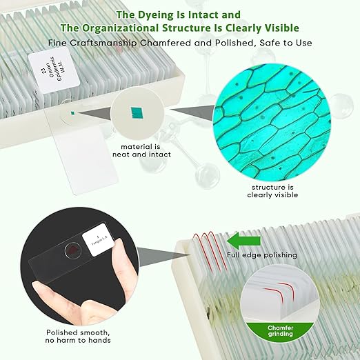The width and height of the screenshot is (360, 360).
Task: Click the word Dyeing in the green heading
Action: point(156,14)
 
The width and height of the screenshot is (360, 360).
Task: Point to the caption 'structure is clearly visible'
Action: point(272,190)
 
